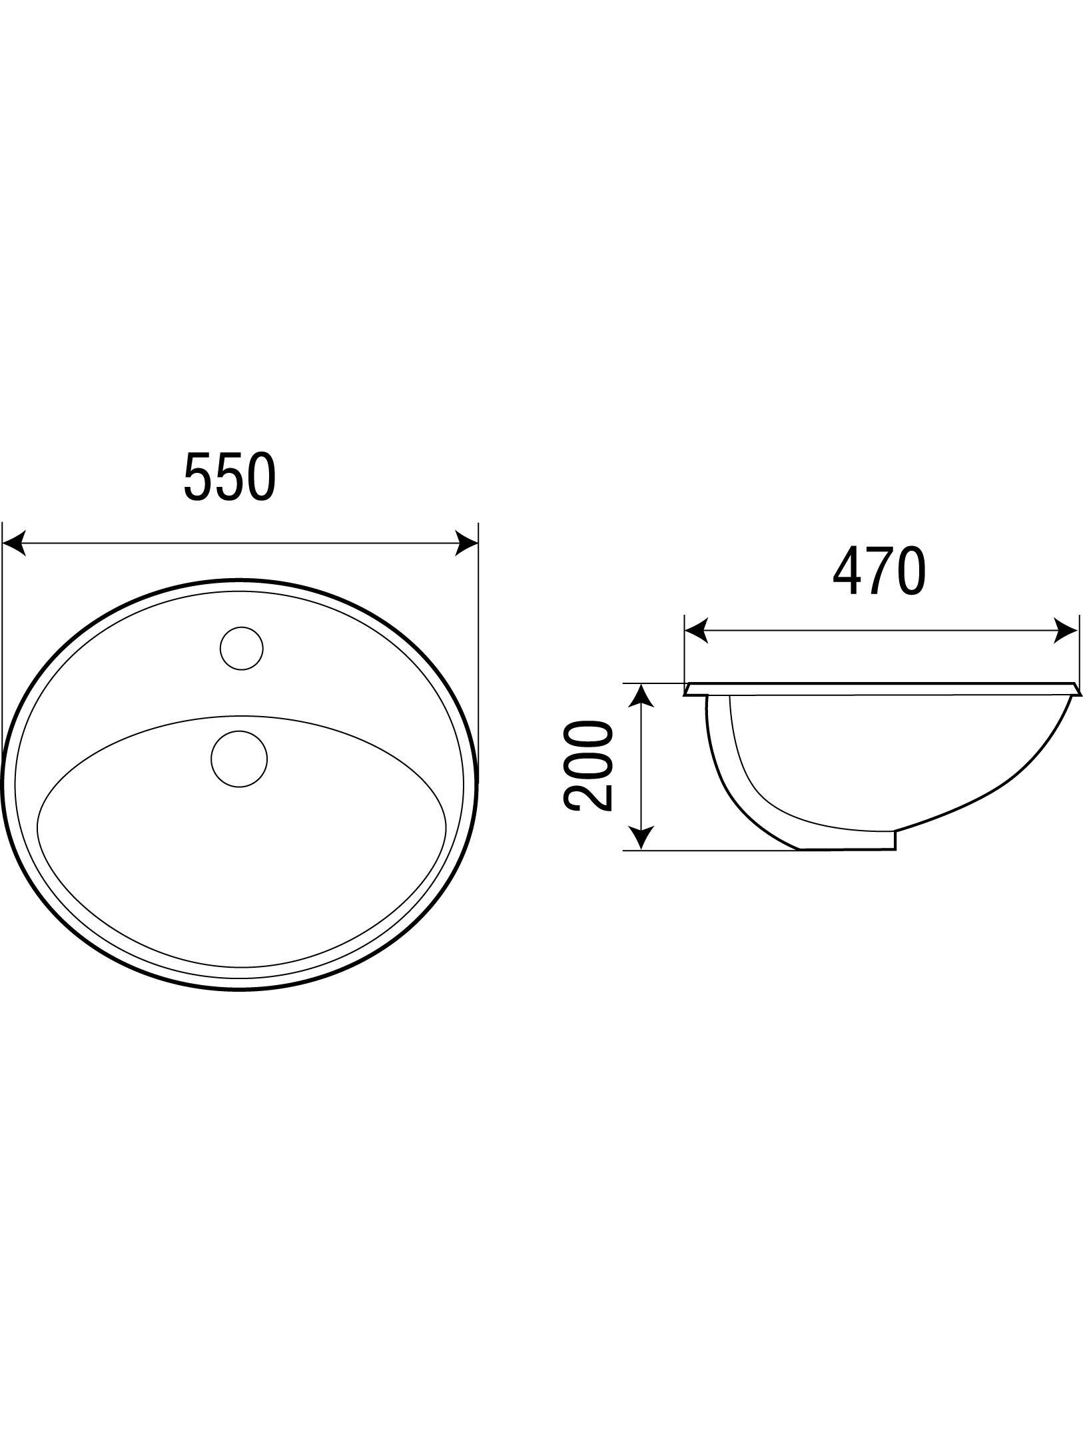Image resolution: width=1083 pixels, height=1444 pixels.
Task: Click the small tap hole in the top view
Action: pos(242,648)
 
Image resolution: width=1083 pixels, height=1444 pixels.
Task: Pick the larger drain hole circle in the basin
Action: pos(238,759)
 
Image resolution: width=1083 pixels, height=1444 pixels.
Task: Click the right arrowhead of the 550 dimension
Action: pos(466,543)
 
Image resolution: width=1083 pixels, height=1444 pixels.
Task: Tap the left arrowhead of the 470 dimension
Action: pos(696,631)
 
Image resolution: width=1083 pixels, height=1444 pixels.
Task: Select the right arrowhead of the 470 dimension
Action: pos(1066,631)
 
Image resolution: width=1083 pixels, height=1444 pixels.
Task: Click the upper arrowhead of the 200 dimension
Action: pos(641,695)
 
